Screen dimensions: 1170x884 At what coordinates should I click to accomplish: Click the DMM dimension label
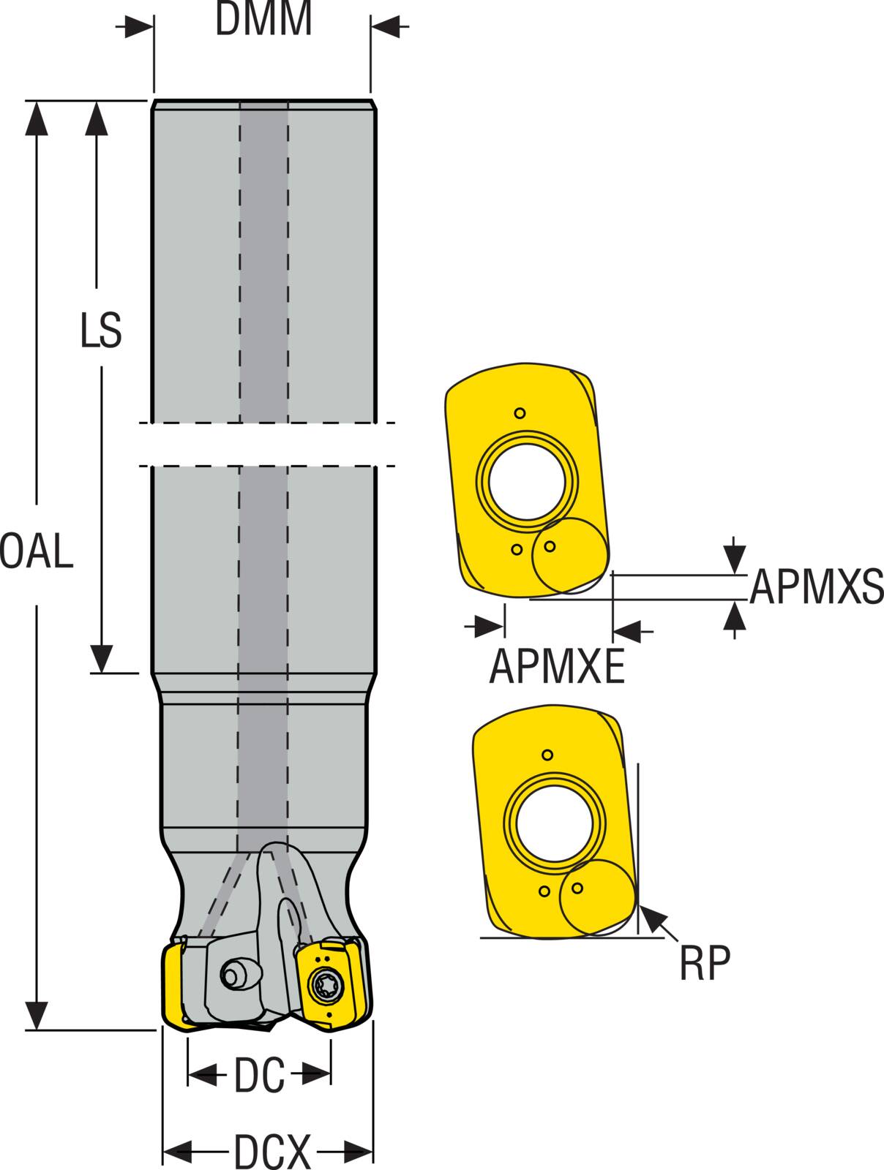[263, 20]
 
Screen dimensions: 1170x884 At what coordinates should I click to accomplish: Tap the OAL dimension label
[37, 551]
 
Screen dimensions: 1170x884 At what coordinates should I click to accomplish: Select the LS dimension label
[100, 331]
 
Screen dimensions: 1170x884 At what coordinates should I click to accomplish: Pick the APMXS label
[816, 586]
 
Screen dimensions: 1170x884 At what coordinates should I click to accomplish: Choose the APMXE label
[557, 666]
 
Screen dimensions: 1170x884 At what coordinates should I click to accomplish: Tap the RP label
[705, 964]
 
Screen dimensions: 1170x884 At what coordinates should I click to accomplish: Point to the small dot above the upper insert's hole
[520, 413]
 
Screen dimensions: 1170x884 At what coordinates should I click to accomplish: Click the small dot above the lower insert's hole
[547, 755]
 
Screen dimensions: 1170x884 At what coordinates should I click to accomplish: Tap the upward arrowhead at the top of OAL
[36, 117]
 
